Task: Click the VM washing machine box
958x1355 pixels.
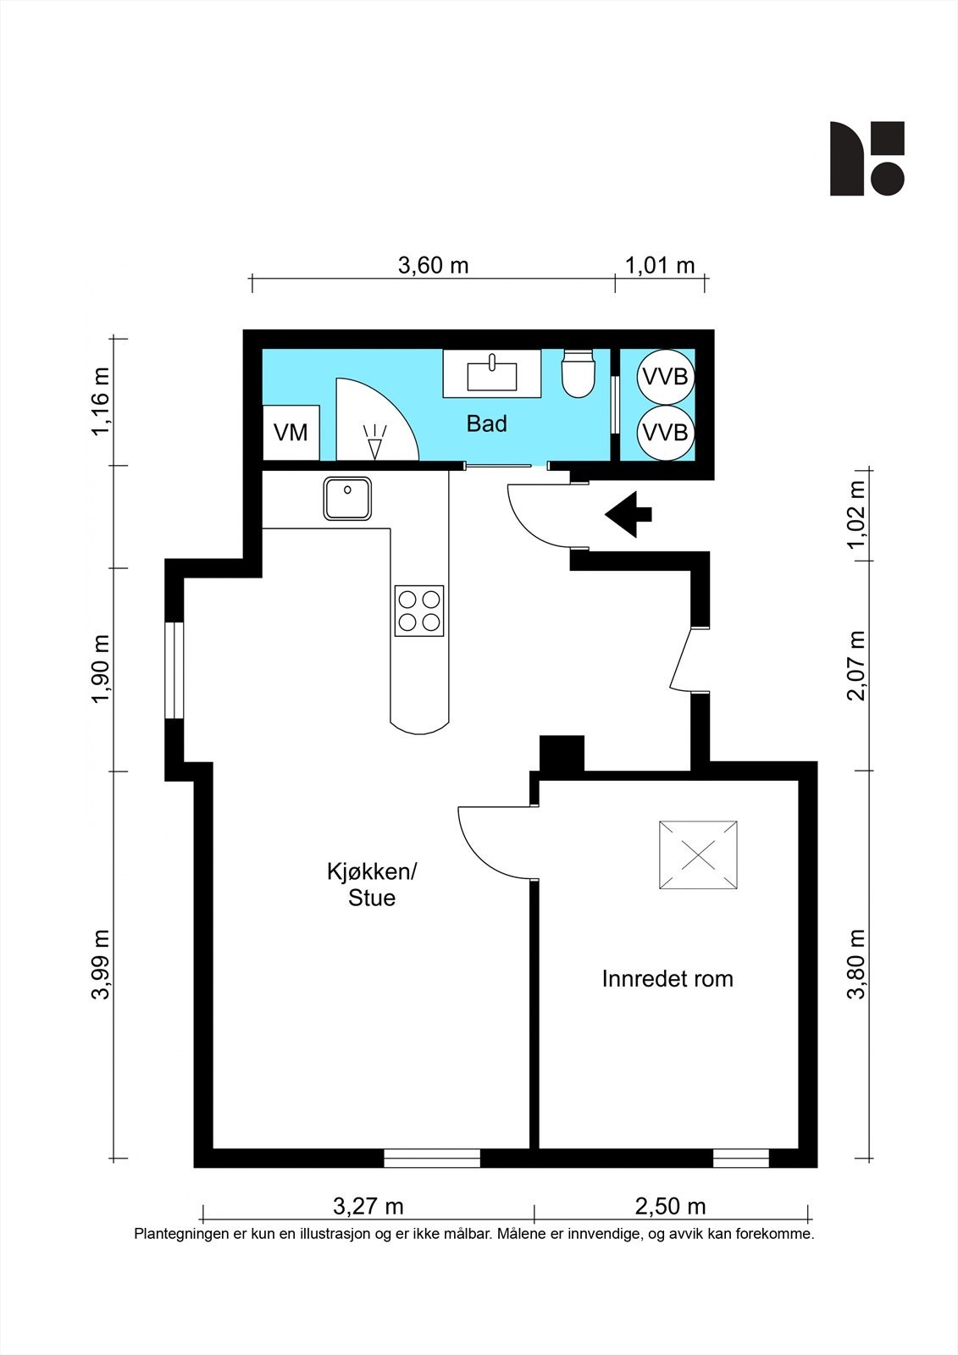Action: pos(291,433)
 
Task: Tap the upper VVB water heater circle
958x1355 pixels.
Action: pos(665,377)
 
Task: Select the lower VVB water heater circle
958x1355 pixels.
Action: pos(665,433)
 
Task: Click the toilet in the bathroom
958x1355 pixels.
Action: pos(578,373)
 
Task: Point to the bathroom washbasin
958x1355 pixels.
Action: pos(492,373)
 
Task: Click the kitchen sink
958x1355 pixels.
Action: pos(347,499)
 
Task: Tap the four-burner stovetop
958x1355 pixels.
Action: pos(418,611)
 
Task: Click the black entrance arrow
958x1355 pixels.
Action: pos(629,515)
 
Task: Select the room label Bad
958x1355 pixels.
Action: pos(486,424)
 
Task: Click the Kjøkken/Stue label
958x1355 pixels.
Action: pos(372,884)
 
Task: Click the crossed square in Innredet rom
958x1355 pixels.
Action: pos(698,854)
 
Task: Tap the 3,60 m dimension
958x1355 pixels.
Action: pos(434,266)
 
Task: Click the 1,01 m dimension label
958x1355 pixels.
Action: pos(660,266)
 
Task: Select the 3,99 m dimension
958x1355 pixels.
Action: pos(101,965)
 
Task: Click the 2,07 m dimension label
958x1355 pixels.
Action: pos(856,666)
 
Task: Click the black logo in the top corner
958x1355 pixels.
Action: pos(867,158)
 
